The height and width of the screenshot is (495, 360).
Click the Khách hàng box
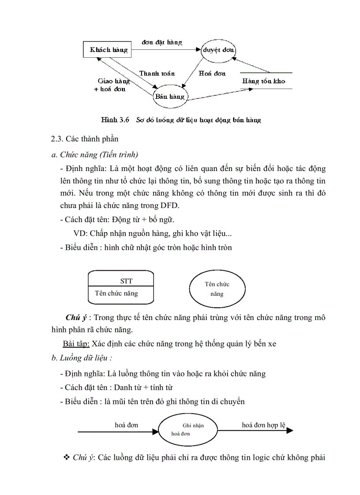click(x=108, y=50)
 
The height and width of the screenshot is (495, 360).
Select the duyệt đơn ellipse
click(x=218, y=50)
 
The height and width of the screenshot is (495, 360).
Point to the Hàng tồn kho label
click(x=263, y=81)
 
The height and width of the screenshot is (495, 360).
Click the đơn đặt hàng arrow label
click(x=162, y=42)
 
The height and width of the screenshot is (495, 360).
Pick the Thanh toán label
click(x=157, y=73)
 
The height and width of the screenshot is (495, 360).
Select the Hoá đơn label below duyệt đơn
click(x=212, y=73)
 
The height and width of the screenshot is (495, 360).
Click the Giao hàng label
click(x=113, y=81)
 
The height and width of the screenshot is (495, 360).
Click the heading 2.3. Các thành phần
click(x=85, y=139)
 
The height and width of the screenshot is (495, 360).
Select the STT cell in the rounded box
click(x=126, y=281)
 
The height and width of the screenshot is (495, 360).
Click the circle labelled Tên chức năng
click(x=217, y=289)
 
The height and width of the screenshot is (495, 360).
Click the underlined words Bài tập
click(x=75, y=343)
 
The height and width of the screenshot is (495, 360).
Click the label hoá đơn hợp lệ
click(x=263, y=425)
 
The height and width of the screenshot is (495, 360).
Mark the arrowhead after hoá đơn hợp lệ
click(x=289, y=431)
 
